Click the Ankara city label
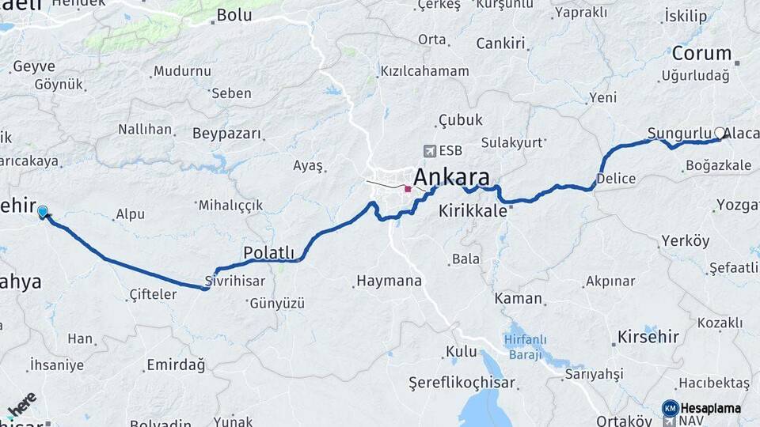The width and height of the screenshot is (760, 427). click(451, 176)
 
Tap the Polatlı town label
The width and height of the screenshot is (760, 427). click(268, 253)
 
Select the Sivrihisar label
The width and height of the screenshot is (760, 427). click(234, 281)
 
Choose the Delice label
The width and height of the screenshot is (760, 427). click(616, 179)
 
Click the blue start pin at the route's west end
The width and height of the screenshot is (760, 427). click(43, 211)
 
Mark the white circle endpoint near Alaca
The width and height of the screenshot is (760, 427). click(719, 133)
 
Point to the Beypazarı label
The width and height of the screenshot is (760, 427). click(226, 133)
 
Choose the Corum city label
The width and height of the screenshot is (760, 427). click(701, 54)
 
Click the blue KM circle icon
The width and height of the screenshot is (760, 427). click(670, 408)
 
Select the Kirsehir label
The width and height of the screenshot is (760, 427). click(648, 338)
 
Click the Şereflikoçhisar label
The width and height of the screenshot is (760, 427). click(462, 383)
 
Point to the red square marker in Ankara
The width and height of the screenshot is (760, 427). click(408, 189)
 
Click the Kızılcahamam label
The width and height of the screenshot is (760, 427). click(425, 71)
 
